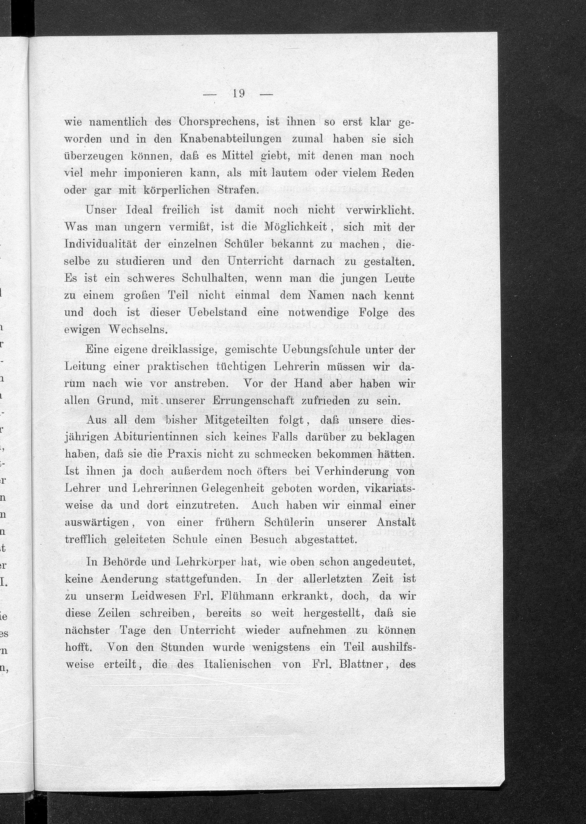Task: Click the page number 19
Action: coord(239,94)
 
